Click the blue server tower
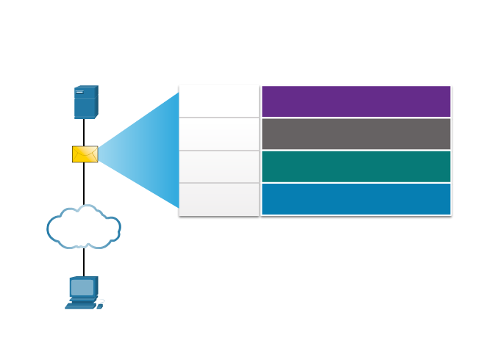(x=85, y=103)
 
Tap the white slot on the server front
(x=79, y=92)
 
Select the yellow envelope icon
(x=85, y=154)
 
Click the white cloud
(x=84, y=228)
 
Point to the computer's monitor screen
(x=82, y=287)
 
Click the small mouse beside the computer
(x=100, y=305)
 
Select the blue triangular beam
(x=147, y=151)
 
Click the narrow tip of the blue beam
(x=101, y=153)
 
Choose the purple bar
(x=356, y=101)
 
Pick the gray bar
(x=356, y=134)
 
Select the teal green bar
(x=356, y=166)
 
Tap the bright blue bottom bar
(x=356, y=199)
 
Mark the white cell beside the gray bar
(x=219, y=134)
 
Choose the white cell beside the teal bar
(x=219, y=166)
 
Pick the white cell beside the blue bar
(x=219, y=199)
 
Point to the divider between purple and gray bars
(x=356, y=118)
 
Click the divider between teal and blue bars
(x=356, y=182)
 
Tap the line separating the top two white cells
(x=219, y=118)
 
